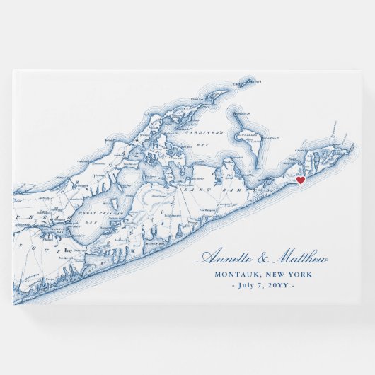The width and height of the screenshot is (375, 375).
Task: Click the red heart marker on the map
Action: pyautogui.click(x=300, y=180)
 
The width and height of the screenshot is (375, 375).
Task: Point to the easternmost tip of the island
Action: pyautogui.click(x=352, y=146)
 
